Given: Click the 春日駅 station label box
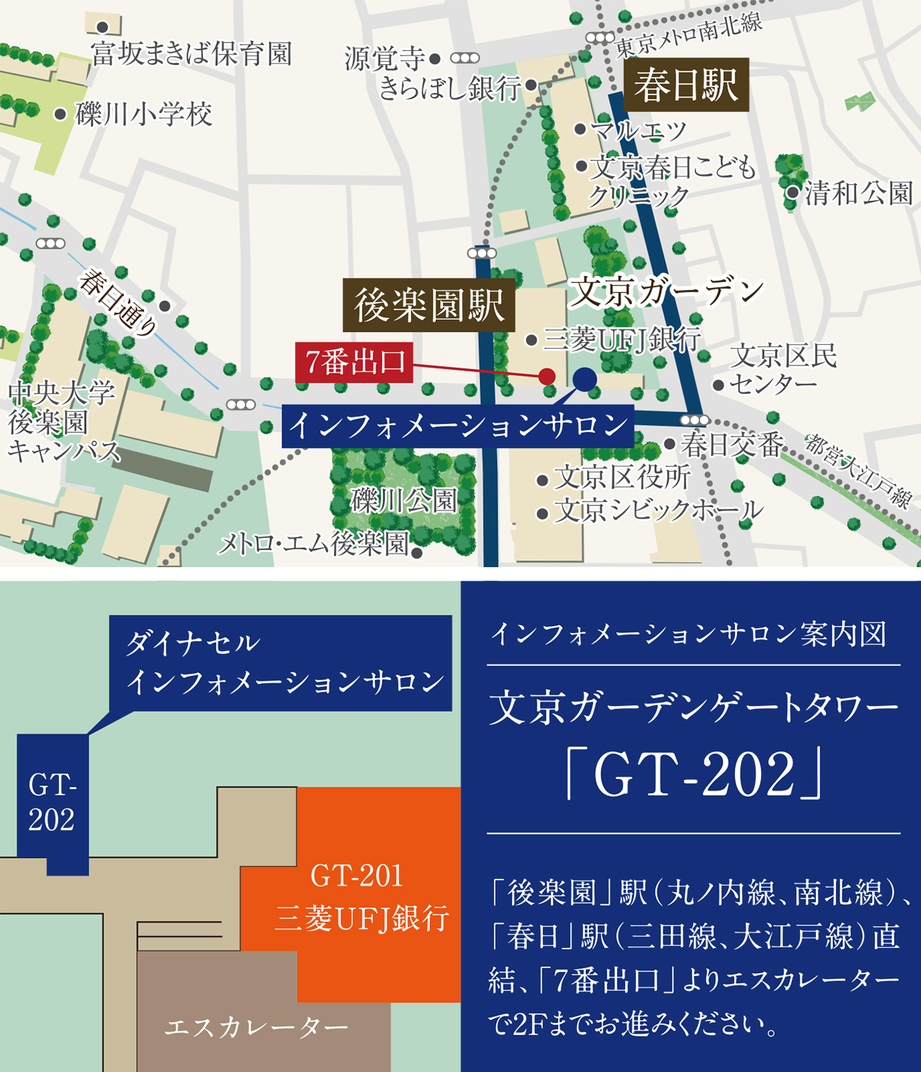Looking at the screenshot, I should point(686,85).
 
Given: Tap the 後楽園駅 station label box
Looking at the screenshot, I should point(429,305).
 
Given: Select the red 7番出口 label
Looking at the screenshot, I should point(354,363).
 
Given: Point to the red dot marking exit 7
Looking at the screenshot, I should point(547,376).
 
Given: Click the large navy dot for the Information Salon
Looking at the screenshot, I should point(584,379).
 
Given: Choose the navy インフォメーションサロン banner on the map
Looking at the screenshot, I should point(458,426).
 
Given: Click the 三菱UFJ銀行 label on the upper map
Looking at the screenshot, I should point(622,339).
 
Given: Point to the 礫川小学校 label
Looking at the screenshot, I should point(144,114).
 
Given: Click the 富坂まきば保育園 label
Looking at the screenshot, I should point(192,54).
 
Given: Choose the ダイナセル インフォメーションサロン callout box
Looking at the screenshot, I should point(280,663).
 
